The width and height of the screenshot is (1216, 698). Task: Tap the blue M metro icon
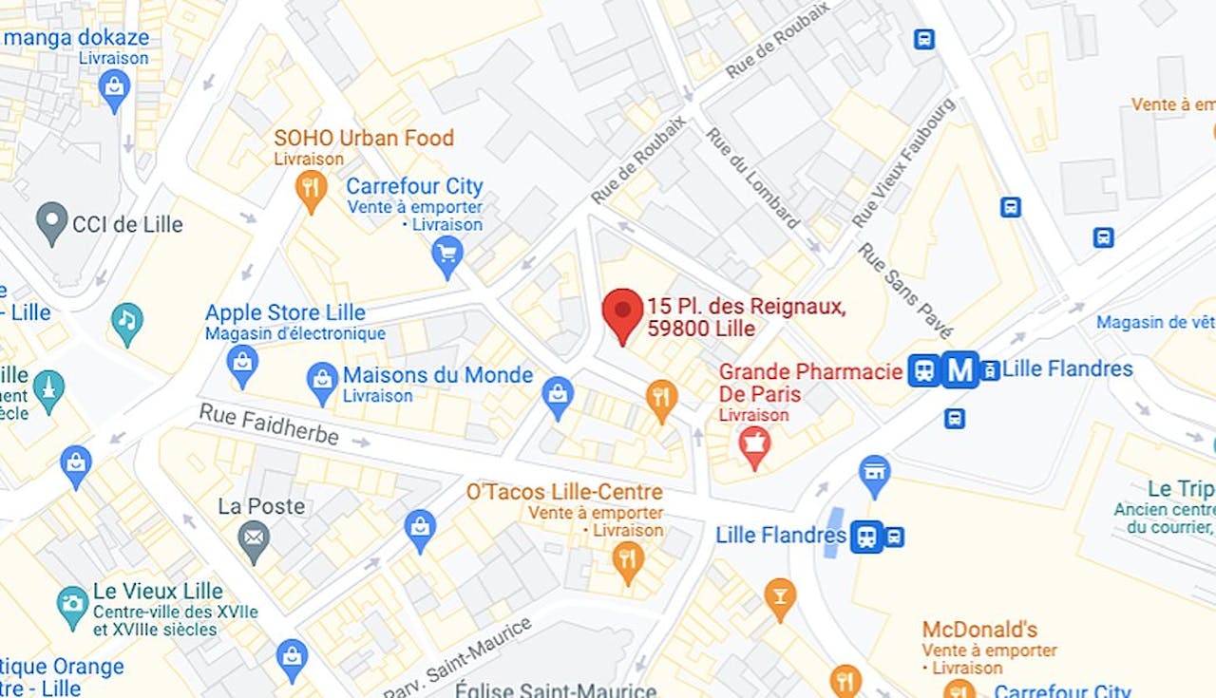[x=960, y=369]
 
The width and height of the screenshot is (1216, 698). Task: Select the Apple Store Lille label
[x=285, y=312]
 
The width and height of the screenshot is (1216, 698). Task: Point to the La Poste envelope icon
[x=254, y=538]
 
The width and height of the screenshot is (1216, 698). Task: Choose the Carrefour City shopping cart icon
[x=446, y=254]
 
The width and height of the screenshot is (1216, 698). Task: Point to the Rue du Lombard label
[x=752, y=178]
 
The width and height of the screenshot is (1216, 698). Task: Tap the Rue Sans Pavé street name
[x=904, y=291]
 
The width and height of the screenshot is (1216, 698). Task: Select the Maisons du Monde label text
[x=437, y=375]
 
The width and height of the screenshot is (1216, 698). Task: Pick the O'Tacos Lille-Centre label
[x=564, y=492]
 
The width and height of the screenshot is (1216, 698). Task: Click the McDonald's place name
[x=979, y=630]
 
